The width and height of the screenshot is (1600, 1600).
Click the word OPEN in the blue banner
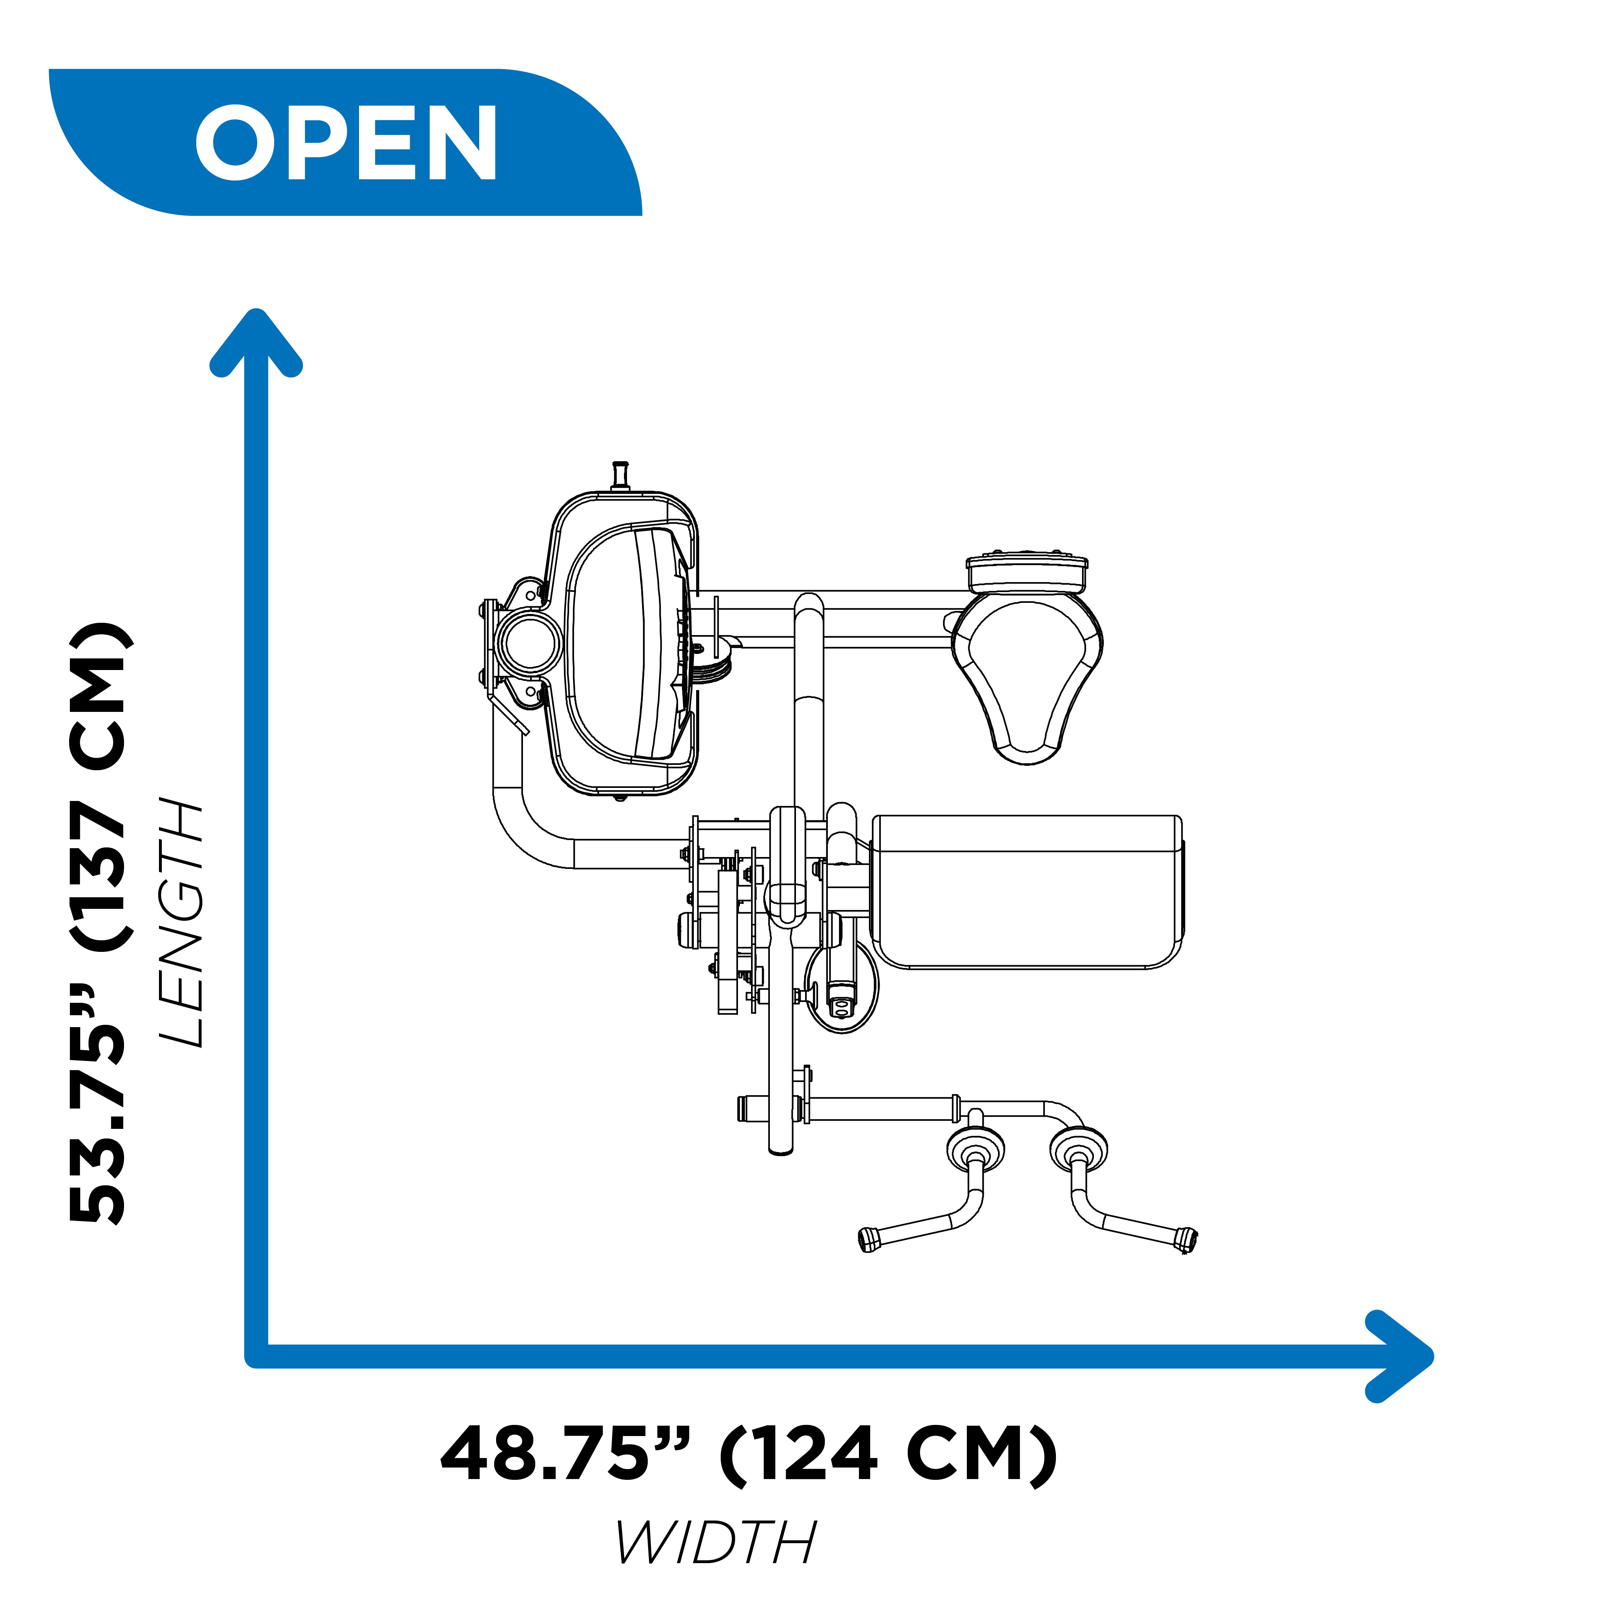(346, 142)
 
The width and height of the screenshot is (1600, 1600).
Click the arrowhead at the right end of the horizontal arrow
(1399, 1357)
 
